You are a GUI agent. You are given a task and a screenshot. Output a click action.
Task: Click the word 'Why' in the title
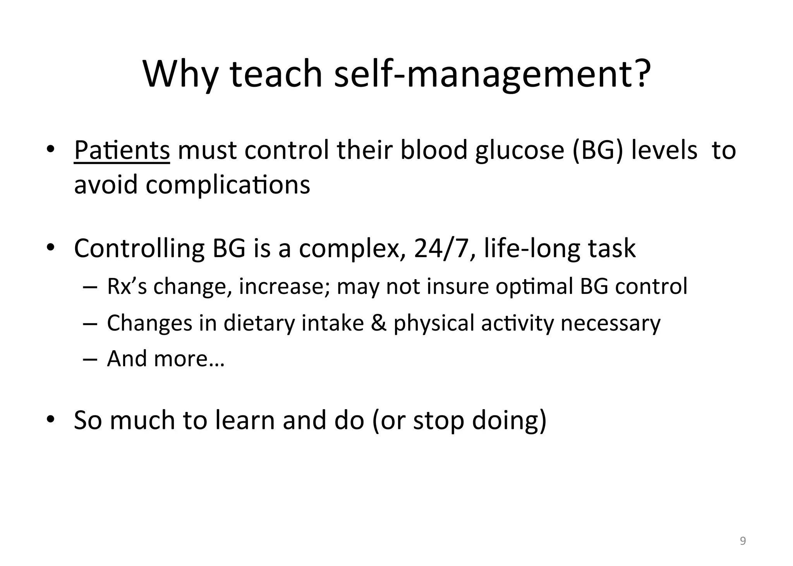pos(180,74)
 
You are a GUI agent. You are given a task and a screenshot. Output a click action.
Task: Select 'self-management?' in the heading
pos(492,74)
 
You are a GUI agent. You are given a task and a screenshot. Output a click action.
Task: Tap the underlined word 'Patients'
pos(122,150)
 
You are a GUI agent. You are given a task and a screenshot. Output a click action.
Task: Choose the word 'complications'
pos(228,185)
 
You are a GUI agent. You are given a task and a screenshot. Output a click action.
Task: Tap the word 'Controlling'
pos(139,249)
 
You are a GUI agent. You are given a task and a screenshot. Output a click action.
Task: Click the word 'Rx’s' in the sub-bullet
pos(127,286)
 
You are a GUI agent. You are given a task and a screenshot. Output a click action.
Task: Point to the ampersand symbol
pos(378,323)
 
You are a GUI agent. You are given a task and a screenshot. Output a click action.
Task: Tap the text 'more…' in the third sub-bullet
pos(189,359)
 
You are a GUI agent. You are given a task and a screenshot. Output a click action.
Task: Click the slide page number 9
pos(743,541)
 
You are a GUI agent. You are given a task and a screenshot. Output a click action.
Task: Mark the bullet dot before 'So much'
pos(50,419)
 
